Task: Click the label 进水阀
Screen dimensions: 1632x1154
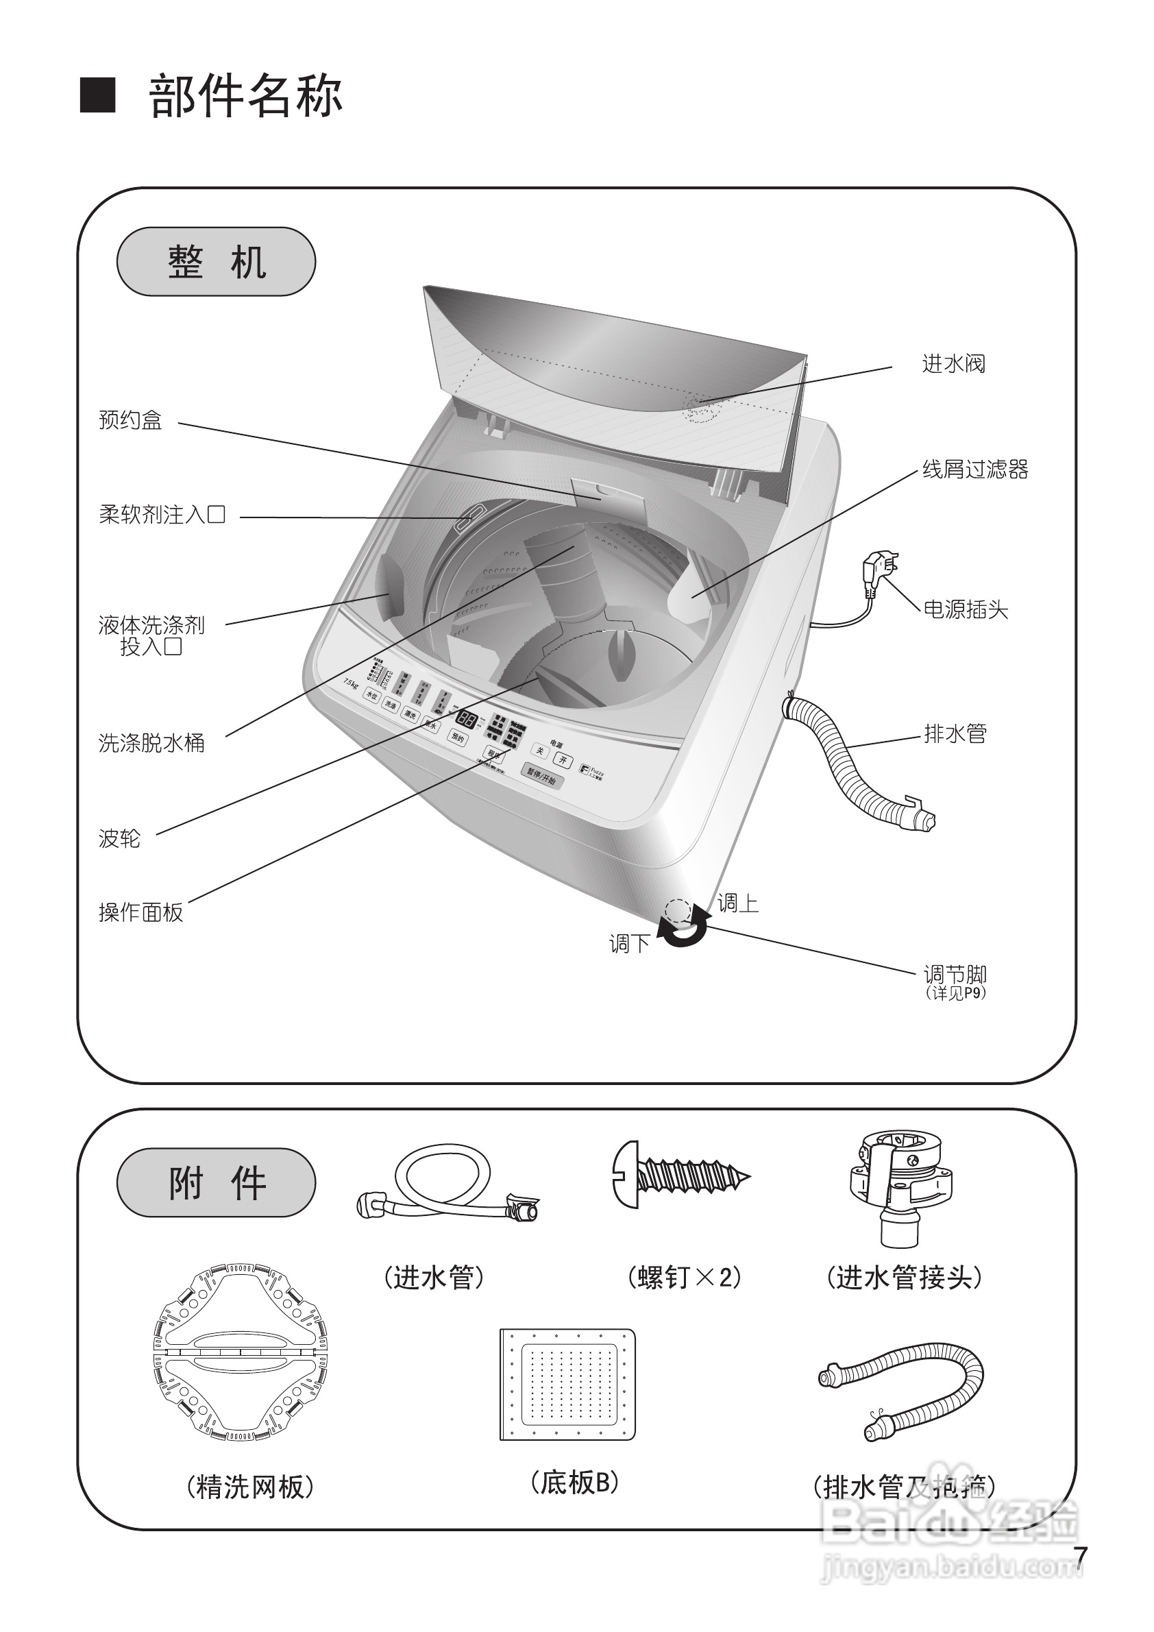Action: coord(953,365)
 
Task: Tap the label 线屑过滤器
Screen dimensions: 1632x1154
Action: coord(975,470)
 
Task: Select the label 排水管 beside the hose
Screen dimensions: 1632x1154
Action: coord(955,733)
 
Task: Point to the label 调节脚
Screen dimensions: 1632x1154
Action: coord(955,975)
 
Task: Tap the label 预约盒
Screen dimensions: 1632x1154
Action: coord(130,420)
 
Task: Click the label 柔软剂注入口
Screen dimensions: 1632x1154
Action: coord(162,515)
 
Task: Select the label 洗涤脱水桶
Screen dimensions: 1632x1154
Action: coord(151,744)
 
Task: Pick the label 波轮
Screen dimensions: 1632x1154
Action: coord(119,839)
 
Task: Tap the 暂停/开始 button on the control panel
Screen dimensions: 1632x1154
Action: coord(541,776)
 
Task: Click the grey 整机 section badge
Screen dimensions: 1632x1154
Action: coord(216,262)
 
